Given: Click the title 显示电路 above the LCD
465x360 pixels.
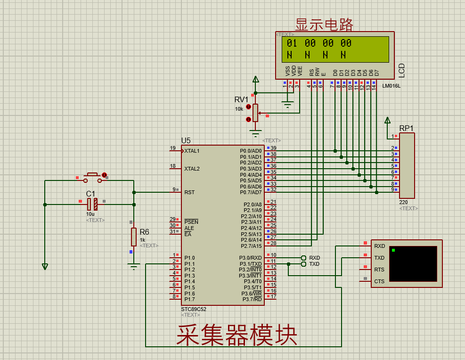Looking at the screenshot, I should point(324,25).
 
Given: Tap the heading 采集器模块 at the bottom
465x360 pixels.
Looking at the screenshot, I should point(237,335).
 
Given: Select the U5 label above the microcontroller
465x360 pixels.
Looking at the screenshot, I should point(186,140).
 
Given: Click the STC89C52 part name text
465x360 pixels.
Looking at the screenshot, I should point(194,309).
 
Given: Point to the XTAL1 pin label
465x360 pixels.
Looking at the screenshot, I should point(192,151).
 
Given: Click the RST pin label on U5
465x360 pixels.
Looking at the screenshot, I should point(189,192).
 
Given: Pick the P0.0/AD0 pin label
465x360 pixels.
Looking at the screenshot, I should point(251,151).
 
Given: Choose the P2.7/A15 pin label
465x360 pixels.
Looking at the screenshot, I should point(251,246).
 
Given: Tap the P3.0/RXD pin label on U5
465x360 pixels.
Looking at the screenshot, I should point(250,258).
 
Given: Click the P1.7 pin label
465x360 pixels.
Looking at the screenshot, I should point(189,299).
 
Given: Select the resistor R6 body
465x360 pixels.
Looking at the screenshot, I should point(134,237).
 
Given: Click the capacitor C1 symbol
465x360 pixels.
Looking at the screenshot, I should point(92,204).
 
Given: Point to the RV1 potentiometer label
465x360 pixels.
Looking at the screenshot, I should point(241,99).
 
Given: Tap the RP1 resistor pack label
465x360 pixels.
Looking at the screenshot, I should point(406,128).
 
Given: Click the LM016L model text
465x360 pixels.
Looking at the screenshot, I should point(391,86).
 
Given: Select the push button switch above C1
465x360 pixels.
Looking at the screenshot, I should point(92,177).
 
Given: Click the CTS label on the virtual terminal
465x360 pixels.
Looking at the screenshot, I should point(379,281).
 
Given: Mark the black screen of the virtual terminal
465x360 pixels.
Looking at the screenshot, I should point(413,264).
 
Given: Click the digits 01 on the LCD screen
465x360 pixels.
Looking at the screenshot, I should point(292,43).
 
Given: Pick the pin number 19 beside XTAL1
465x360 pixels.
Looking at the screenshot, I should point(173,148).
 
